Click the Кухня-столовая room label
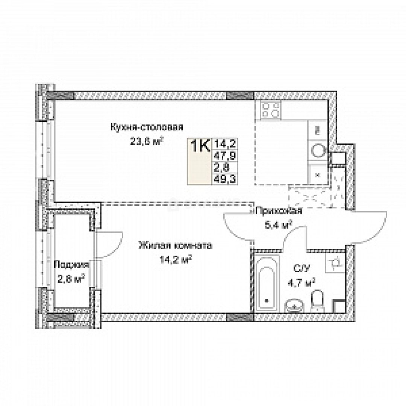click(x=146, y=127)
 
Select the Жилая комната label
click(x=175, y=246)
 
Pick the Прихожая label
click(x=278, y=211)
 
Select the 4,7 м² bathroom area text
click(x=303, y=282)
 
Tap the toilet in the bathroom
click(x=318, y=301)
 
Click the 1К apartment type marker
click(x=200, y=146)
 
